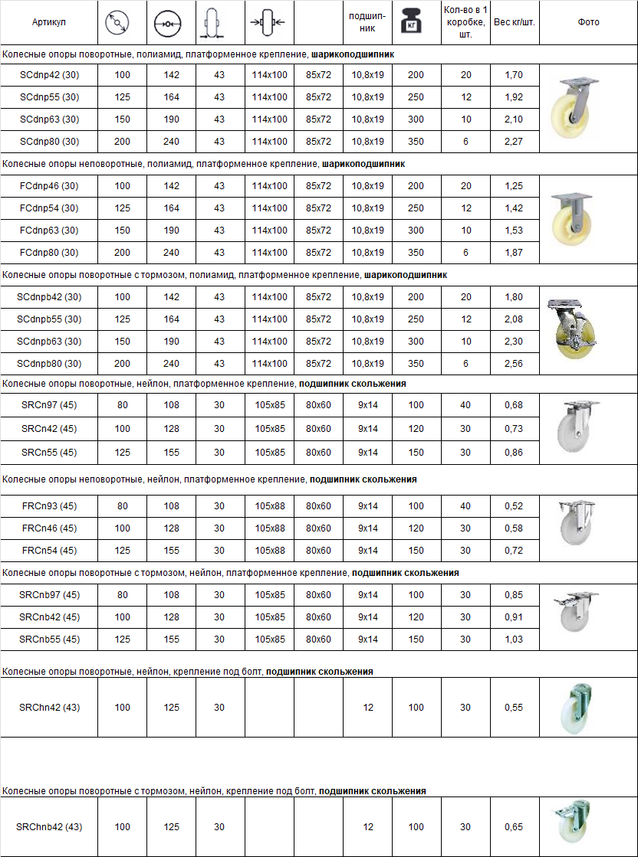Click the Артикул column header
click(x=49, y=22)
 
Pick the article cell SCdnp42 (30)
click(x=49, y=75)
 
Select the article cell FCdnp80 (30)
click(x=49, y=252)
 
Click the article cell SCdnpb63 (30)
click(x=49, y=341)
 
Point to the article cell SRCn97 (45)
click(x=49, y=405)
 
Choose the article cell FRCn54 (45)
click(x=49, y=550)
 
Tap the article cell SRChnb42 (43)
click(x=49, y=827)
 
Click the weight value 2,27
click(x=514, y=141)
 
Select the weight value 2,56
click(x=514, y=363)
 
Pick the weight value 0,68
click(x=514, y=405)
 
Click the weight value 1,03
click(x=514, y=639)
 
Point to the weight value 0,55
click(x=514, y=708)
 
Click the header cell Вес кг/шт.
click(x=514, y=22)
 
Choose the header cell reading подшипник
click(x=367, y=22)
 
